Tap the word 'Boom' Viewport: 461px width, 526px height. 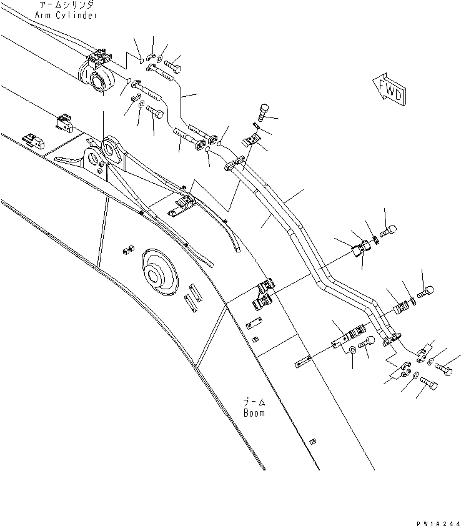coord(254,413)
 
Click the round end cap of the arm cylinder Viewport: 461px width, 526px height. coord(100,81)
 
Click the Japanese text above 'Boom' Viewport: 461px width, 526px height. coord(254,402)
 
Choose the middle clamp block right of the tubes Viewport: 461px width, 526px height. coord(405,306)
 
